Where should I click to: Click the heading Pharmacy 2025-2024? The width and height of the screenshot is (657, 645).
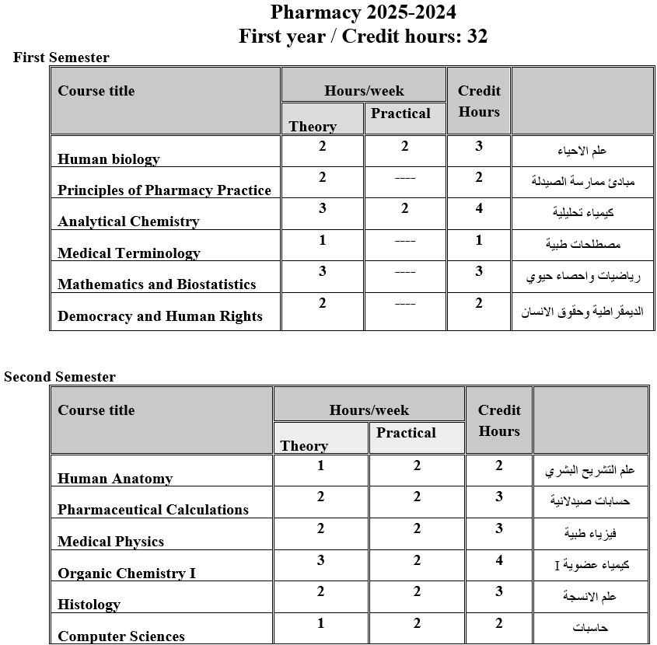pos(363,12)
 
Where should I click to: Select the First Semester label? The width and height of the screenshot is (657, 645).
pos(61,58)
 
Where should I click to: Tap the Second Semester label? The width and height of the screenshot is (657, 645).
pos(60,377)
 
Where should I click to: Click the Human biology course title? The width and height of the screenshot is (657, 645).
pos(108,159)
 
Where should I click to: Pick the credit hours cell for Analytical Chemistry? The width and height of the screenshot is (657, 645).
pos(479,208)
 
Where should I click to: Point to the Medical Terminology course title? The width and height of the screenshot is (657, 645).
pos(128,253)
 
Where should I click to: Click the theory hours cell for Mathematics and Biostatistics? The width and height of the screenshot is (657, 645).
pos(322,271)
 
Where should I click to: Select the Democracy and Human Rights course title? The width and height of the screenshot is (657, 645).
pos(159,316)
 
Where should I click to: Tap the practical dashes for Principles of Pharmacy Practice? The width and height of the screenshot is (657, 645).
pos(404,178)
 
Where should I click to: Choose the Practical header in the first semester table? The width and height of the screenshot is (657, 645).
pos(400,113)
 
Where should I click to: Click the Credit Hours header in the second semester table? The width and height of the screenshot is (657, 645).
pos(499,420)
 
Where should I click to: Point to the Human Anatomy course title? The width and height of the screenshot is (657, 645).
pos(115,479)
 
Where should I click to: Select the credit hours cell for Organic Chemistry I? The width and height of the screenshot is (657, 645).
pos(499,560)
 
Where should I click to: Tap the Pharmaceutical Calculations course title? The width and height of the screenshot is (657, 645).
pos(153,510)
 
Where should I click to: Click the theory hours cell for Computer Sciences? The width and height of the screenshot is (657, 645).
pos(320,623)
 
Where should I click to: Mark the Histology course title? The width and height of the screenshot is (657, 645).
pos(89,605)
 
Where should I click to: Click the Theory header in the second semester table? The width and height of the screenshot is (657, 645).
pos(303,446)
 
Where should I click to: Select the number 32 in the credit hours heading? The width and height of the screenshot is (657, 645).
pos(477,37)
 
